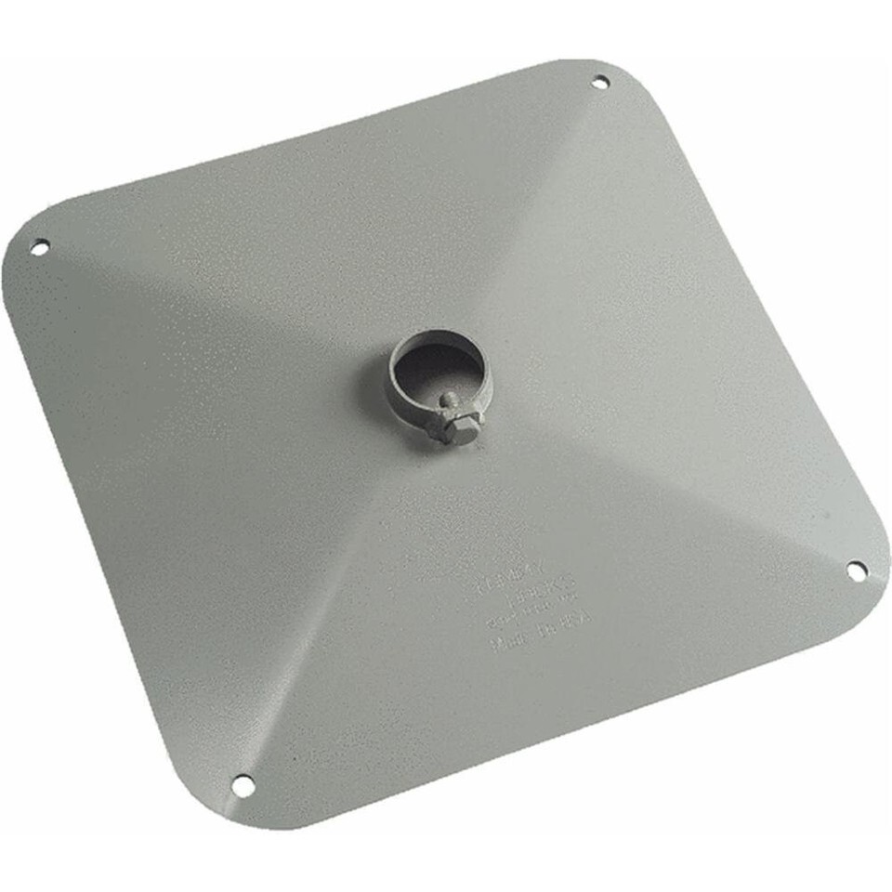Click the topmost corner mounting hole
(600, 82)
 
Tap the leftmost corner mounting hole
(39, 247)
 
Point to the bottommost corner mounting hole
(243, 785)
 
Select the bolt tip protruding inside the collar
(449, 400)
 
